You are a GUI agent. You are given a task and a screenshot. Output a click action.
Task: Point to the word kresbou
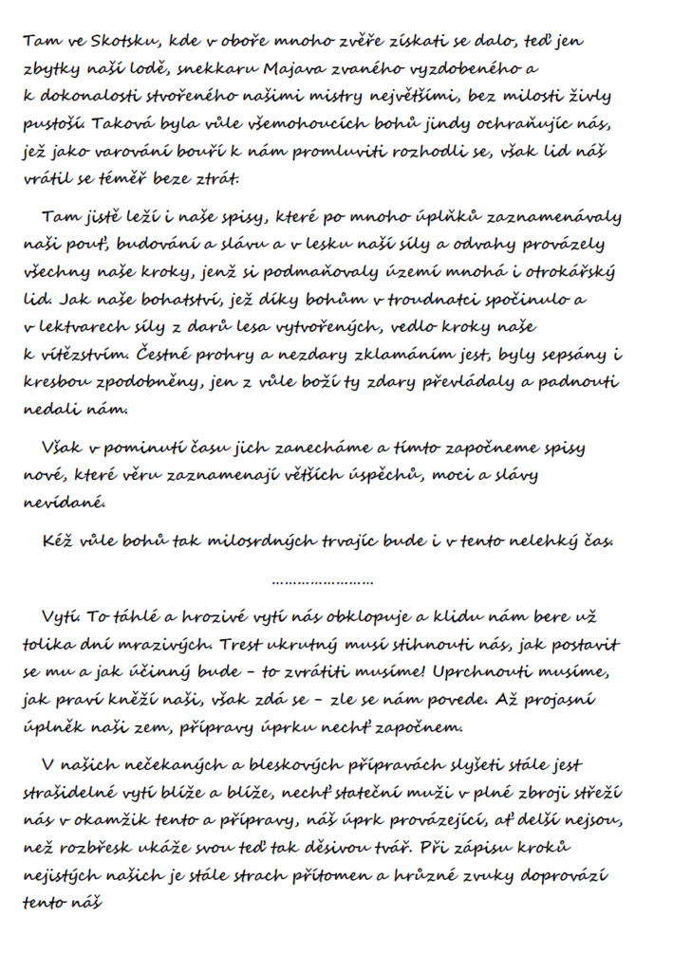[x=54, y=382]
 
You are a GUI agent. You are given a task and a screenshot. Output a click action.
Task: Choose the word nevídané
[x=57, y=502]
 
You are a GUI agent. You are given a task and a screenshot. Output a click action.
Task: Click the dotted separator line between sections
[x=323, y=581]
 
